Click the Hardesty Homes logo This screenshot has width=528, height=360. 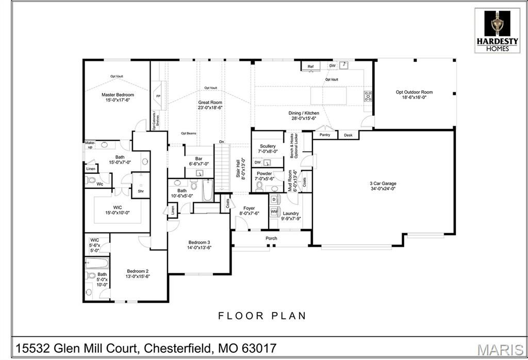click(498, 30)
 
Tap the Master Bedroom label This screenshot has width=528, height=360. click(118, 95)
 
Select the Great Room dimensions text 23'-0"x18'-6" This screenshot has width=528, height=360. click(210, 108)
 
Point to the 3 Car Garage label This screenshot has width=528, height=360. click(382, 183)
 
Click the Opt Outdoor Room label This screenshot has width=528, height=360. click(414, 92)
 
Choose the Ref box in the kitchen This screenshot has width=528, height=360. click(310, 67)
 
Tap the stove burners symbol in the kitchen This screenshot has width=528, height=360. click(368, 95)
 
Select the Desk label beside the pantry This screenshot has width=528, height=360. click(348, 135)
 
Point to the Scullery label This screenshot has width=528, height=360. click(268, 146)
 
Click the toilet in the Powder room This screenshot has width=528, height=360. click(260, 186)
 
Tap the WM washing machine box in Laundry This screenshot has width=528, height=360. click(274, 211)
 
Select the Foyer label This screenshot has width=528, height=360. click(250, 208)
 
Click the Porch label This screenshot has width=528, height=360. click(271, 238)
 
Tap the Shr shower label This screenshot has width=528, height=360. click(140, 191)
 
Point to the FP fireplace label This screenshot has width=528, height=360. click(158, 96)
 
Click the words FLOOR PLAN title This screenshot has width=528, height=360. click(262, 316)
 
